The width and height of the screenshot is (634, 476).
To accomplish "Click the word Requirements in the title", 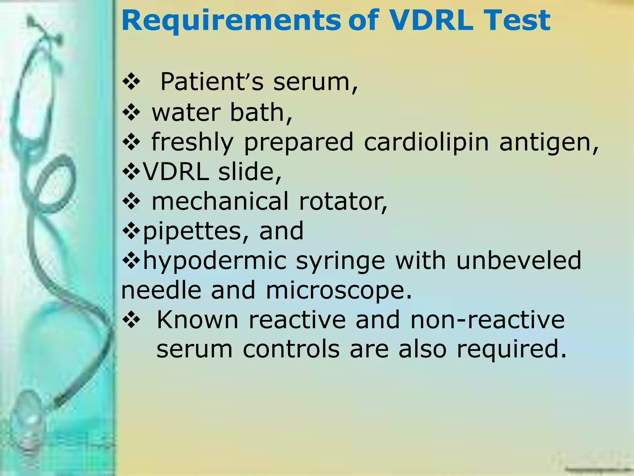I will [x=231, y=21].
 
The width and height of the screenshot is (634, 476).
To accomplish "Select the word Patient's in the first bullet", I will [x=212, y=82].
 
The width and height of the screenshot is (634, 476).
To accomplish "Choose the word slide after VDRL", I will [x=250, y=172].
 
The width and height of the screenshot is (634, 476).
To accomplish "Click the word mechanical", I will [x=220, y=201].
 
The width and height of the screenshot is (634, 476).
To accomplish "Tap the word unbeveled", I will [x=519, y=260].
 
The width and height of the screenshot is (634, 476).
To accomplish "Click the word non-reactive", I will [x=488, y=320].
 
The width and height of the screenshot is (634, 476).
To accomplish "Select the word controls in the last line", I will [x=291, y=350].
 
